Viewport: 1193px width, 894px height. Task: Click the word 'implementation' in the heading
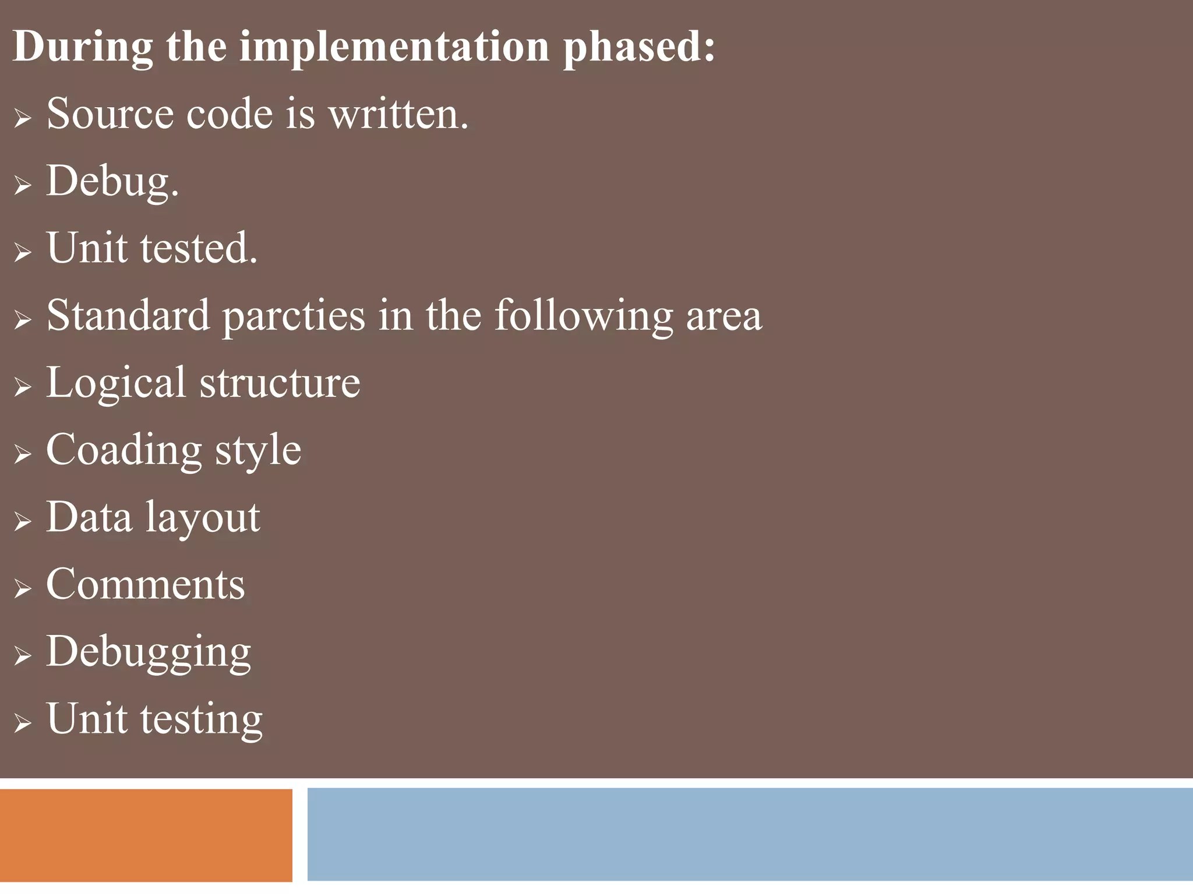point(394,47)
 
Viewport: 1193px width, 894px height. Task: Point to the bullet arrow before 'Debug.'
point(23,186)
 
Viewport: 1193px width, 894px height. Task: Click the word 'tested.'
point(199,248)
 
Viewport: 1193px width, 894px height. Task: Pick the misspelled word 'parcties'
point(294,316)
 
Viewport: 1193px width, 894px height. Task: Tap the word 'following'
point(583,316)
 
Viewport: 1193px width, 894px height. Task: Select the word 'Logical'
point(115,384)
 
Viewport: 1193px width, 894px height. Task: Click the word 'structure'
point(280,383)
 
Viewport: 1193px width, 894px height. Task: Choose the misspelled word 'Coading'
point(124,450)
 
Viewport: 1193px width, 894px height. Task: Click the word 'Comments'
point(146,584)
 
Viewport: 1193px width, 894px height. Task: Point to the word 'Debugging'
point(149,652)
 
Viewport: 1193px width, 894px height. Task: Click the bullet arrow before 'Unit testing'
point(23,723)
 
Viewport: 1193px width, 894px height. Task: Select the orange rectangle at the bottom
point(146,835)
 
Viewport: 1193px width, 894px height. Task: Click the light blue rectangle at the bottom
point(750,834)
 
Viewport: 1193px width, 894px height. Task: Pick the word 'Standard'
point(128,315)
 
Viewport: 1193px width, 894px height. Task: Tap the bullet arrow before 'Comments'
point(23,588)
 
